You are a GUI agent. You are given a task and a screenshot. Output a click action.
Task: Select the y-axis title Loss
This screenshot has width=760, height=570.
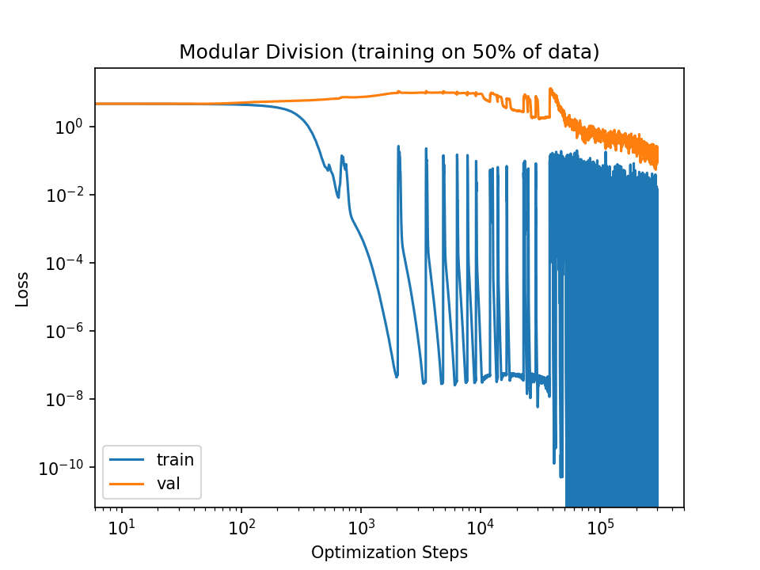[23, 290]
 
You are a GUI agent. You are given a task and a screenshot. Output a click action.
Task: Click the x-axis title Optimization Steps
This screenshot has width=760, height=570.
[389, 552]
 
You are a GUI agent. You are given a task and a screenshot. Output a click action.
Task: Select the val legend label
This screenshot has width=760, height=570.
[169, 482]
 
